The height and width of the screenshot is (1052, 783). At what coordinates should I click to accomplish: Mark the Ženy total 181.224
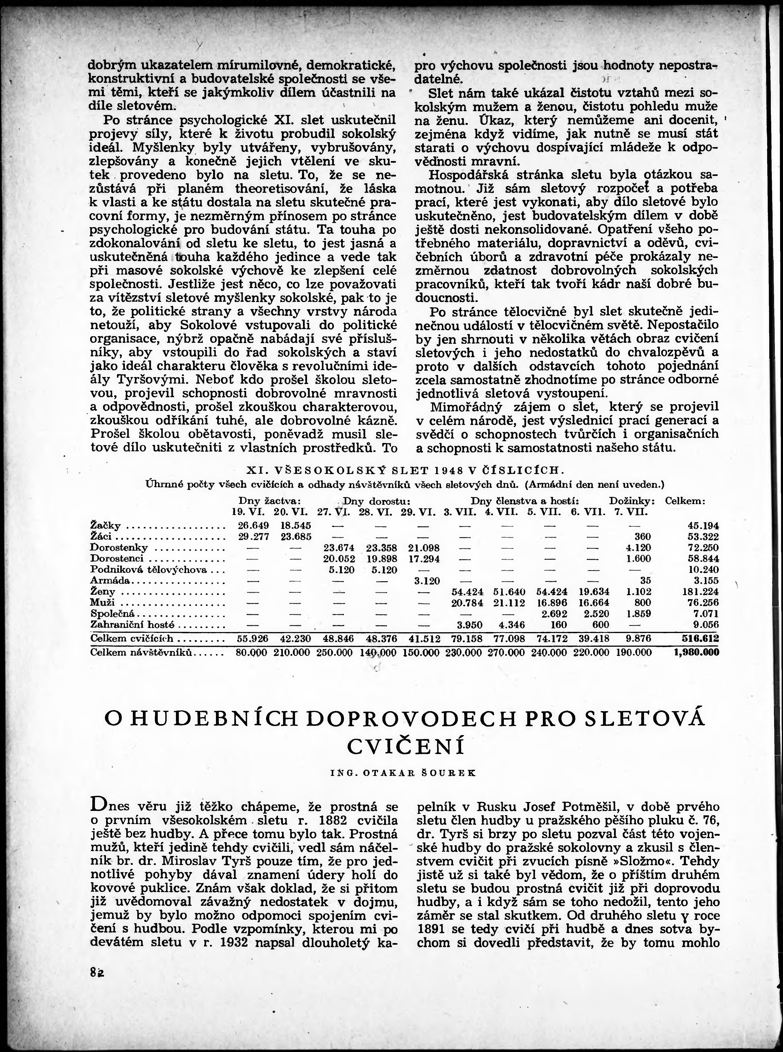point(701,592)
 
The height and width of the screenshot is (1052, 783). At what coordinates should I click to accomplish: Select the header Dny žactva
point(270,501)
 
